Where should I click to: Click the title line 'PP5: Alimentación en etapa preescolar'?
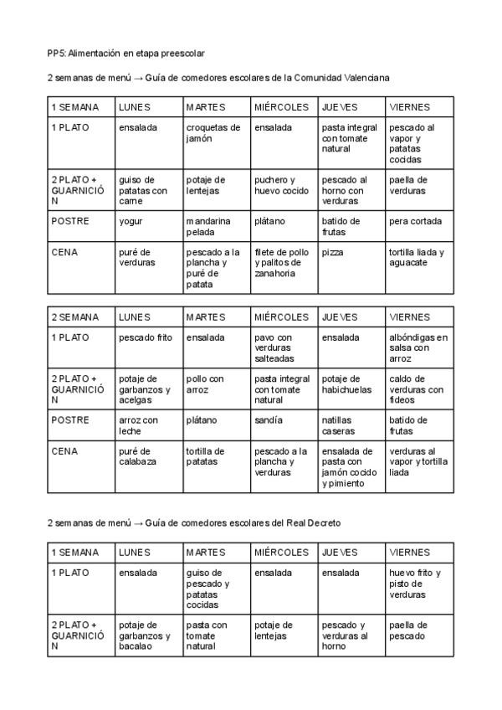point(125,54)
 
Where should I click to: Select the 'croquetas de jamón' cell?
point(213,133)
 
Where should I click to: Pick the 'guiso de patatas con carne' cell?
point(143,190)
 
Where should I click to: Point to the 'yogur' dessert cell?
point(131,221)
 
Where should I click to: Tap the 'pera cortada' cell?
point(415,221)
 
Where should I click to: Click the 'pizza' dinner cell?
point(332,251)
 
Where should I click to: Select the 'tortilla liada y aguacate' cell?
point(417,257)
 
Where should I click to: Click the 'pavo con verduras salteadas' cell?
point(275,347)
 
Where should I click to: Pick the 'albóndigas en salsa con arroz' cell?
point(418,347)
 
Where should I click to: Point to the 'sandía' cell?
point(269,419)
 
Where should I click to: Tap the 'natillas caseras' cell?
point(338,425)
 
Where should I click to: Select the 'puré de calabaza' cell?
point(137,455)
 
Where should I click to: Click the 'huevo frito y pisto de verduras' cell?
point(415,584)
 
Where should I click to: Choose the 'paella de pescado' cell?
point(408,630)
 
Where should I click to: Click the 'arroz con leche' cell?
point(138,425)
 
